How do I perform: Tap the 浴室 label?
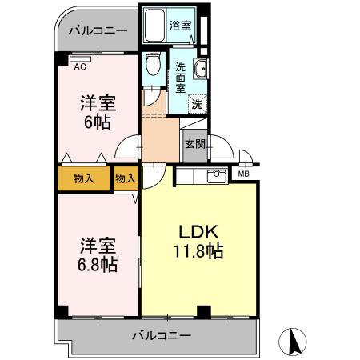point(180,26)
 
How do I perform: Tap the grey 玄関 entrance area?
point(194,144)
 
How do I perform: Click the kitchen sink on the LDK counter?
point(215,175)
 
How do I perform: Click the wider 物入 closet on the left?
point(83,178)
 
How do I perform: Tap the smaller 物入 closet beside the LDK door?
point(125,178)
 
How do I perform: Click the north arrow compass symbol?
point(294,342)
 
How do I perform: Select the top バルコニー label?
point(97,31)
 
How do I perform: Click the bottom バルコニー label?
point(161,335)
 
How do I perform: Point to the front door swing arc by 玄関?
point(226,148)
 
